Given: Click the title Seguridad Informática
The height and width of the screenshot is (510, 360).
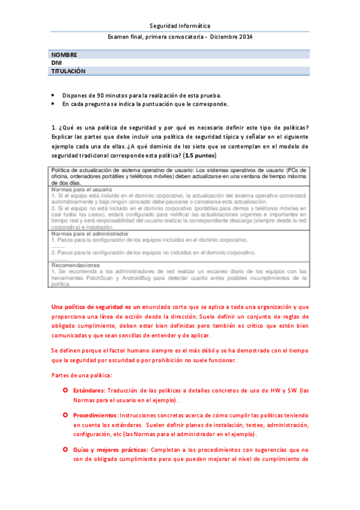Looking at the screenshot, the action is click(180, 26).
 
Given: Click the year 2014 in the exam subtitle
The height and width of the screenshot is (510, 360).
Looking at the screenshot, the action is click(245, 37).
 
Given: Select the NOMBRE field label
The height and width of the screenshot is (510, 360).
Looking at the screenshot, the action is click(65, 55).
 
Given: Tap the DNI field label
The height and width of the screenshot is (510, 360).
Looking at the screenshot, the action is click(57, 63).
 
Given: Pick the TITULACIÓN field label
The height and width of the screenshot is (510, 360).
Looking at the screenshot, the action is click(69, 70).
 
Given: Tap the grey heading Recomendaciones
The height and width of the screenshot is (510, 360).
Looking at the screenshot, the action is click(75, 265).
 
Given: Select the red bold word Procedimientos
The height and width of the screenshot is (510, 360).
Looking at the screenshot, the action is click(95, 416).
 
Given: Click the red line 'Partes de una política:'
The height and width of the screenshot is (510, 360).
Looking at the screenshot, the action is click(78, 375).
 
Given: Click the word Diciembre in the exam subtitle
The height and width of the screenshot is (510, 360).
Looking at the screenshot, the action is click(222, 37).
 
